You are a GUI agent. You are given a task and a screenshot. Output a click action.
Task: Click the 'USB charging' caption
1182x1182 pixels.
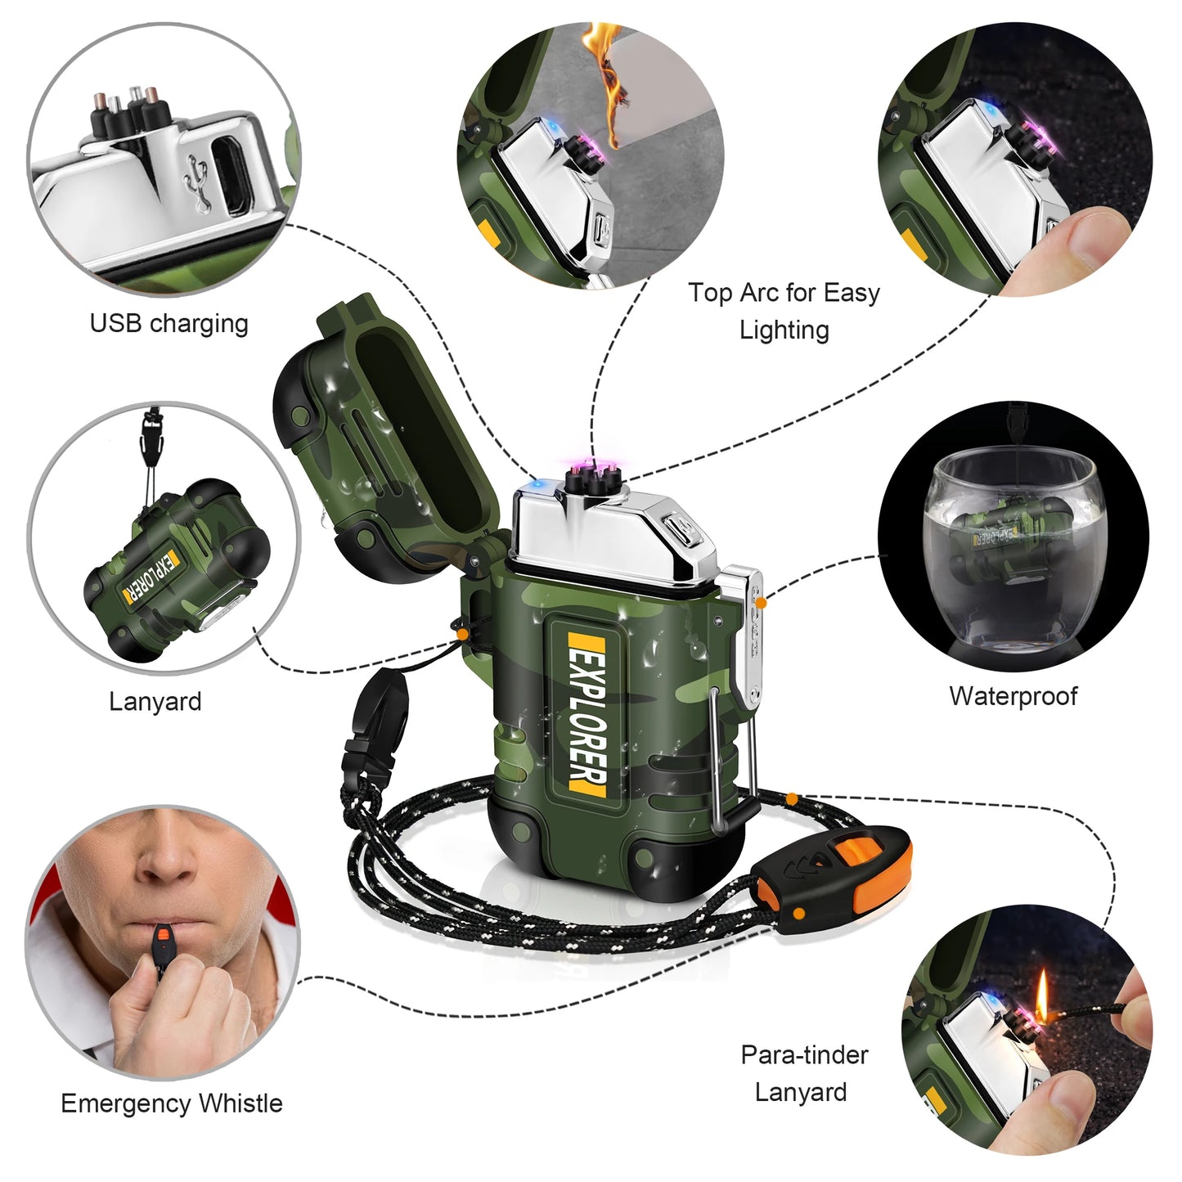click(x=169, y=323)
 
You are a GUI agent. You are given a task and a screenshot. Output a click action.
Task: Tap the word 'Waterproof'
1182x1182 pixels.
click(x=1013, y=695)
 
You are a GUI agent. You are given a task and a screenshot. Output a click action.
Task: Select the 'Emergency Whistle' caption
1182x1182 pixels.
click(x=172, y=1103)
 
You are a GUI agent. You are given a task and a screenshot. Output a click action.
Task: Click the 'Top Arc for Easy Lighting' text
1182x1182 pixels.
click(x=784, y=310)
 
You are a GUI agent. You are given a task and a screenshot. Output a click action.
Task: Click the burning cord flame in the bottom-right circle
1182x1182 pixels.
click(x=1041, y=999)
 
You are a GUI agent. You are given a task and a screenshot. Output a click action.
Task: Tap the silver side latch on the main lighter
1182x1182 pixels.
click(x=744, y=638)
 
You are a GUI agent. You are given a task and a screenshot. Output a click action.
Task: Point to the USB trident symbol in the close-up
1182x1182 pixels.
click(x=197, y=183)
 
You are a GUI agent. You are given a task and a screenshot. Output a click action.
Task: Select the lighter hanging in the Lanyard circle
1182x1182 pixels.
click(x=178, y=570)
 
